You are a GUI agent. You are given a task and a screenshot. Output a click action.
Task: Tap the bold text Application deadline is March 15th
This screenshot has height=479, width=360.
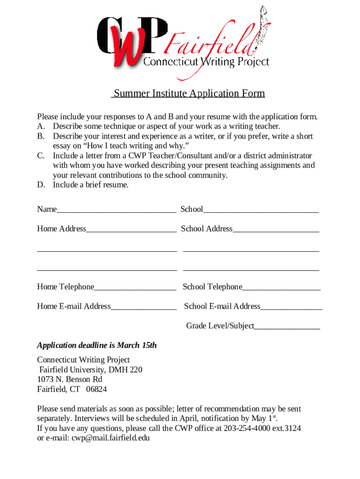(97, 346)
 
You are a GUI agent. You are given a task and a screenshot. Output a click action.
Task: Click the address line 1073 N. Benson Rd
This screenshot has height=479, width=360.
(70, 379)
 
